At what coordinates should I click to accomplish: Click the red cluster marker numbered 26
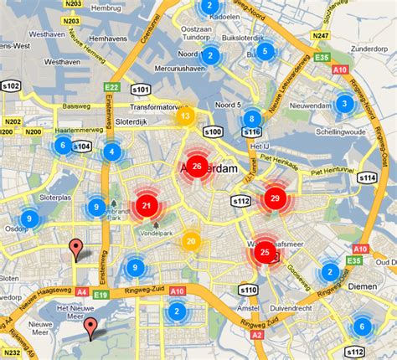(x=197, y=167)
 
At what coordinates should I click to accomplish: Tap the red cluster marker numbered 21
(x=147, y=206)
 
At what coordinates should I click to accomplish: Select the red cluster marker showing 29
(x=274, y=199)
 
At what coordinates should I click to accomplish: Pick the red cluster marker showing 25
(x=266, y=251)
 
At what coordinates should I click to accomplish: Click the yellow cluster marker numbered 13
(x=186, y=116)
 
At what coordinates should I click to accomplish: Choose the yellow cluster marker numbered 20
(x=191, y=242)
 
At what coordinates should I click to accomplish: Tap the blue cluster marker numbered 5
(x=266, y=52)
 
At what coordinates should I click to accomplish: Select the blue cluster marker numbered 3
(x=343, y=104)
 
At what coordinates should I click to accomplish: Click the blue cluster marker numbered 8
(x=251, y=119)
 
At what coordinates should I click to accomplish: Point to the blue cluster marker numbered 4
(x=111, y=152)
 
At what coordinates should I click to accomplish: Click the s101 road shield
(x=141, y=90)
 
